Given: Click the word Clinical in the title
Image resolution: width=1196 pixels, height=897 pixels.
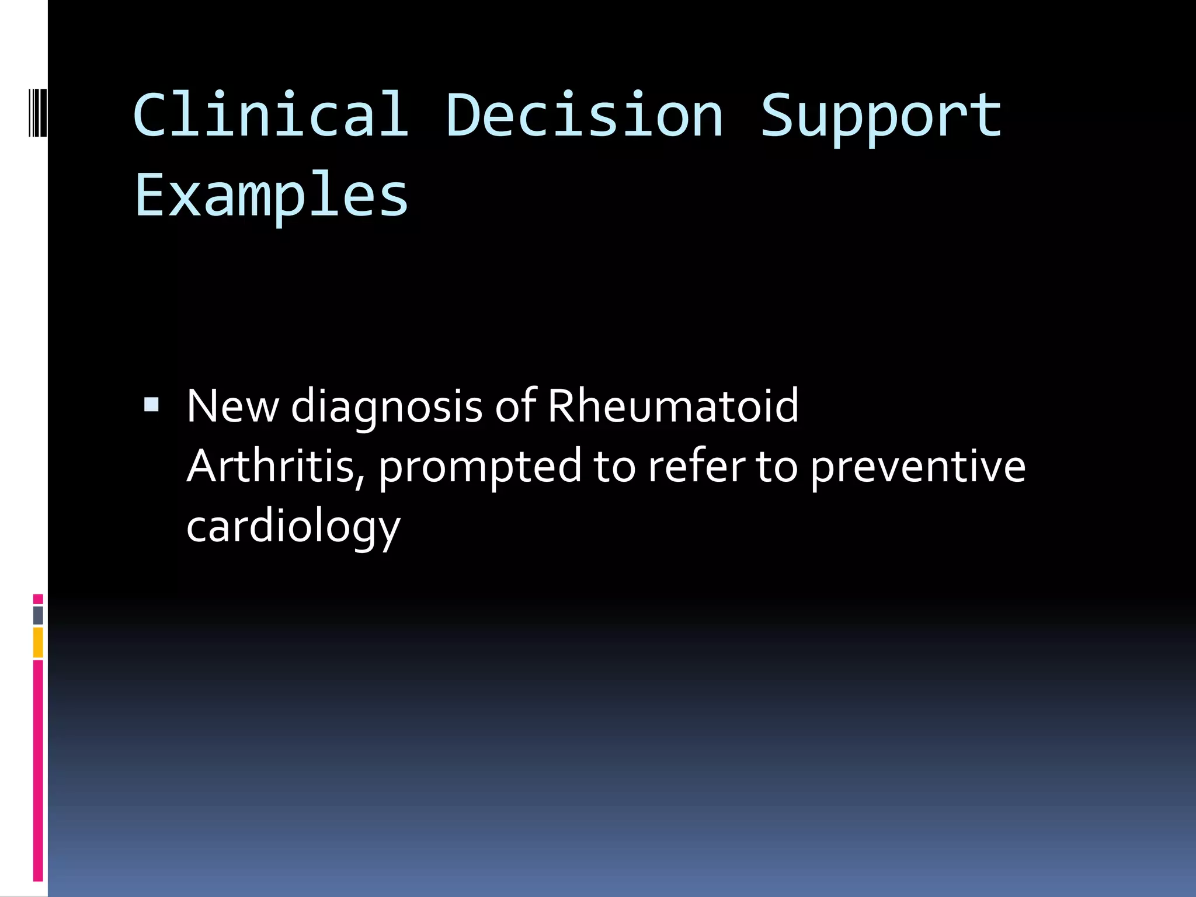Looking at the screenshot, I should tap(270, 114).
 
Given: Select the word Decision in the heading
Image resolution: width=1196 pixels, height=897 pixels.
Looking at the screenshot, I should tap(584, 114).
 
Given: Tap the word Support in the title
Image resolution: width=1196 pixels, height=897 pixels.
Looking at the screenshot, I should tap(881, 117).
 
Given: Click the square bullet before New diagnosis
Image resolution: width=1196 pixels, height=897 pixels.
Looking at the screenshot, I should tap(151, 404).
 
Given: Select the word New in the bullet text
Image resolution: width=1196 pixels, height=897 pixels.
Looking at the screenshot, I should tap(232, 406).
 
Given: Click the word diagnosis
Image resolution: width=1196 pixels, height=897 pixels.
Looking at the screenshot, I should tap(387, 407).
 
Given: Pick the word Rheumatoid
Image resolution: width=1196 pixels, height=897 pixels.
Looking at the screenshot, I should tap(673, 406).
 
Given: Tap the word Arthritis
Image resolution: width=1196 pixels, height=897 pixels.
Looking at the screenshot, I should tap(270, 466).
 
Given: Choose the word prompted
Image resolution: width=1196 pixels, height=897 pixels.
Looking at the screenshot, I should tap(480, 467).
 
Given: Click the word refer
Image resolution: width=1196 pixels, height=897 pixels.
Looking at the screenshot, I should tap(696, 466).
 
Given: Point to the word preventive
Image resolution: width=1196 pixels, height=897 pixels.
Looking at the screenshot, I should tap(917, 467).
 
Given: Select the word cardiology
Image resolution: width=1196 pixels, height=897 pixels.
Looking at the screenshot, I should tap(293, 527).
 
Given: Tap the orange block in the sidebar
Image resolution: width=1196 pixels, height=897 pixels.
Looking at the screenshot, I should tap(38, 642).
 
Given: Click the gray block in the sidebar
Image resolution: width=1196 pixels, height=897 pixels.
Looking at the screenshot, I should tap(38, 615).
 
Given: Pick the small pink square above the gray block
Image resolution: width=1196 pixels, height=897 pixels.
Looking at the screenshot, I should tap(38, 599).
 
